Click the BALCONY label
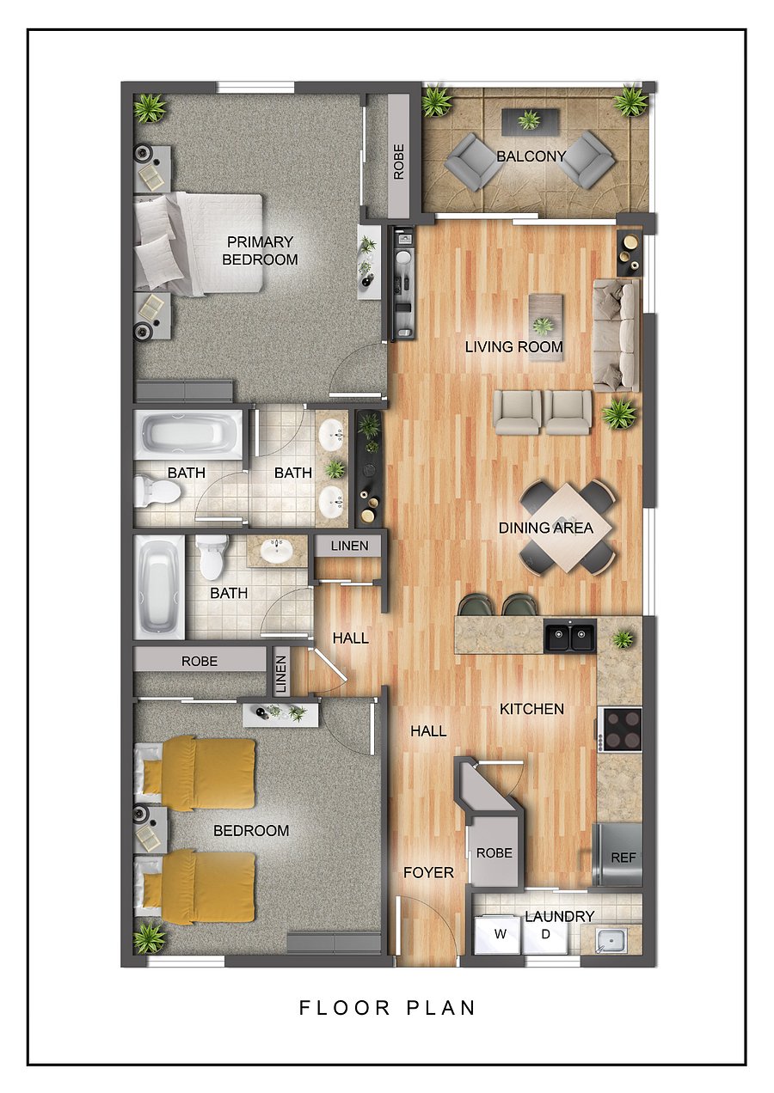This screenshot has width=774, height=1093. coord(531,156)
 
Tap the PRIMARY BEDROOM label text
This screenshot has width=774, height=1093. coord(260,250)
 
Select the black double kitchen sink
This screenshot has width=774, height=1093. coord(570,635)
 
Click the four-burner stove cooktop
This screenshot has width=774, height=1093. coord(620,730)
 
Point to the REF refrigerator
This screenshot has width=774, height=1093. coord(617,855)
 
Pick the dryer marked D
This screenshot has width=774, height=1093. coord(545,934)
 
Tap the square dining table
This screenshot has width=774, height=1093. coord(567,527)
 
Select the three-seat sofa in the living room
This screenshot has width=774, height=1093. coord(617,335)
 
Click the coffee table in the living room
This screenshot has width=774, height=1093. coord(545,327)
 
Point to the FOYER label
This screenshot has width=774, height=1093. coord(428,872)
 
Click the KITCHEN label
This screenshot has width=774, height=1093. coord(531,709)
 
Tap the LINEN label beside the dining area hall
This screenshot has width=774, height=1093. coord(350,546)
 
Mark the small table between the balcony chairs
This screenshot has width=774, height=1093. coord(530,120)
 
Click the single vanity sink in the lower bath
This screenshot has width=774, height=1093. coord(276,552)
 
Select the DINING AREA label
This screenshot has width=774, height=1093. coord(545,528)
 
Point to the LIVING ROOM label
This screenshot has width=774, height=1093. coord(513,347)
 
